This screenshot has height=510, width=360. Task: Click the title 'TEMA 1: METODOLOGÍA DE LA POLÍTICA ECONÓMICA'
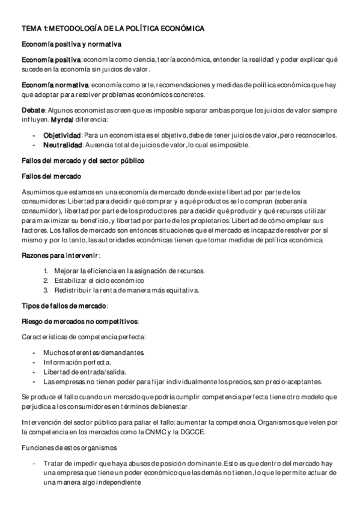click(x=113, y=28)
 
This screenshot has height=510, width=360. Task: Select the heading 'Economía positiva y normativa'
click(x=72, y=45)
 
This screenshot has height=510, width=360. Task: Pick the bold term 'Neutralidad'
click(x=63, y=145)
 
